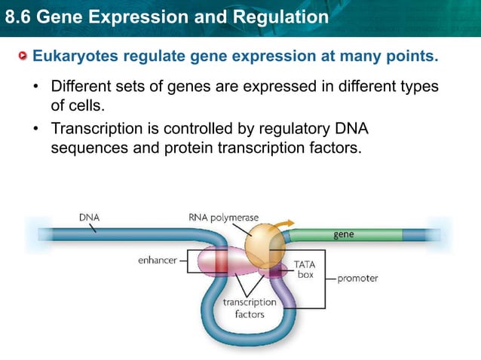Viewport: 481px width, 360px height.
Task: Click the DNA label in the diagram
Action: coord(89,217)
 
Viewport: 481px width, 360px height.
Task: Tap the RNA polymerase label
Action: coord(223,217)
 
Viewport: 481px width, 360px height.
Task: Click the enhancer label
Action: coord(156,260)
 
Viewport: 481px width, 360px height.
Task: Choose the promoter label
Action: coord(357,278)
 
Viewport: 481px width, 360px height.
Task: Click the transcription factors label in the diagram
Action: coord(250,307)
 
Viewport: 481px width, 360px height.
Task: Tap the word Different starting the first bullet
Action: coord(79,86)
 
